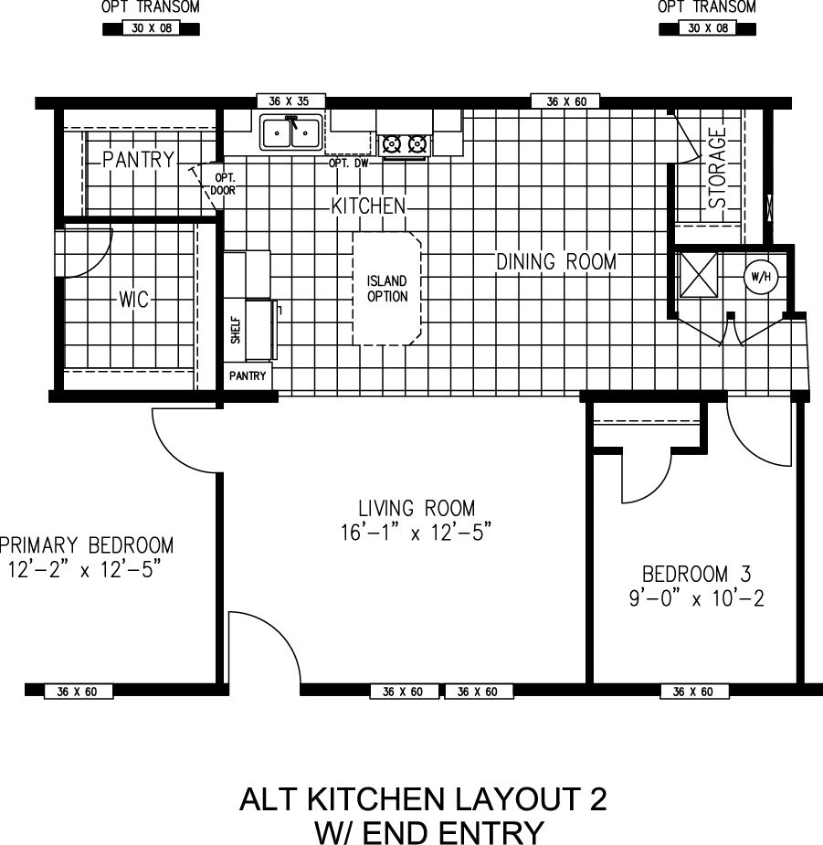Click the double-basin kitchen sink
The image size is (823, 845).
tap(290, 133)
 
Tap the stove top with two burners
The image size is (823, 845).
tap(405, 143)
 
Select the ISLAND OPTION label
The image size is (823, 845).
tap(387, 289)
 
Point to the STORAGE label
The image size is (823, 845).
tap(718, 167)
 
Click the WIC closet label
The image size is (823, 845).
tap(133, 300)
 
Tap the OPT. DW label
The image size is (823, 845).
tap(349, 164)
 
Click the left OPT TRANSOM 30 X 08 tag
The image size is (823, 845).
tap(149, 28)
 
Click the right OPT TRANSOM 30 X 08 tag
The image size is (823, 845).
tap(707, 28)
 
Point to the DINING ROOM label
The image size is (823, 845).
tap(555, 262)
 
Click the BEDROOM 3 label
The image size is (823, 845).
tap(696, 575)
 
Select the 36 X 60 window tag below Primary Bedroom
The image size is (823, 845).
tap(79, 692)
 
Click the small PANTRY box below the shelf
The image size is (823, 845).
tap(248, 375)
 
